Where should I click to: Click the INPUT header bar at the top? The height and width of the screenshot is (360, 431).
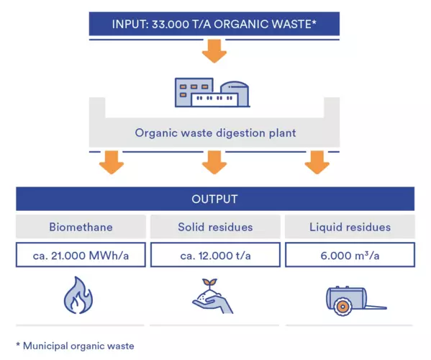pyautogui.click(x=214, y=24)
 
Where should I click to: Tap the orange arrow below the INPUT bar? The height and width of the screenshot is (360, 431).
pyautogui.click(x=214, y=51)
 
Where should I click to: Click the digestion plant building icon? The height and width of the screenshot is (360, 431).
pyautogui.click(x=212, y=92)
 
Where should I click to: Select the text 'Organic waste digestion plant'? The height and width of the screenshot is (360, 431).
pyautogui.click(x=215, y=133)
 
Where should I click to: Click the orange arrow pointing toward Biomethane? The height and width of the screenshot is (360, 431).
pyautogui.click(x=112, y=162)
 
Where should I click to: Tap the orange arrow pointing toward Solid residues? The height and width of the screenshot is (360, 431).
pyautogui.click(x=214, y=162)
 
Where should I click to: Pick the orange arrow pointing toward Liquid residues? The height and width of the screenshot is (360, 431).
pyautogui.click(x=317, y=162)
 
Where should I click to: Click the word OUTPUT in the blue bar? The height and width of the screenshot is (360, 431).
pyautogui.click(x=214, y=199)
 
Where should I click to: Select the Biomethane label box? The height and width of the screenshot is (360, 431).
pyautogui.click(x=81, y=227)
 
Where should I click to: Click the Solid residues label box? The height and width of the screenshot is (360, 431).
pyautogui.click(x=215, y=227)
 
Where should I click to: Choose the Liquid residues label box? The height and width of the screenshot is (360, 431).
pyautogui.click(x=350, y=227)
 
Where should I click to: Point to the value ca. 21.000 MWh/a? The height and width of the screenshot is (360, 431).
pyautogui.click(x=81, y=256)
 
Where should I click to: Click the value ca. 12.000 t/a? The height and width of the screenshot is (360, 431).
pyautogui.click(x=216, y=256)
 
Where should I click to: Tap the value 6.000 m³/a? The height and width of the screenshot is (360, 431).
pyautogui.click(x=350, y=256)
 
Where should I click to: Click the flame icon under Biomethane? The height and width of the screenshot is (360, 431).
pyautogui.click(x=78, y=295)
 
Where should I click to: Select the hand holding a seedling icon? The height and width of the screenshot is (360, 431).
pyautogui.click(x=212, y=297)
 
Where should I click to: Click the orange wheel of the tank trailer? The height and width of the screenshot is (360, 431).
pyautogui.click(x=342, y=307)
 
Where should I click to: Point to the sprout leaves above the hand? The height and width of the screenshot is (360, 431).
pyautogui.click(x=209, y=282)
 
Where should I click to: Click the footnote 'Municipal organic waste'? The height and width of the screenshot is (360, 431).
pyautogui.click(x=78, y=346)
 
